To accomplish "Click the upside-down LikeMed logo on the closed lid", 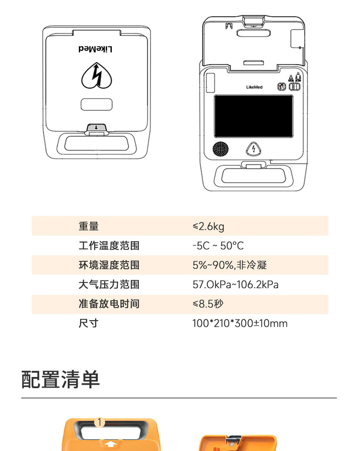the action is (96, 49).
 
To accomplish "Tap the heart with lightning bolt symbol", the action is (96, 75).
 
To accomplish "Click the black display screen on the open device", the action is (253, 116).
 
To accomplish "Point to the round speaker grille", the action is (221, 149).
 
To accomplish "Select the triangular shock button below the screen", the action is (253, 149).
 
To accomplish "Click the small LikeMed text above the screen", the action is (254, 87).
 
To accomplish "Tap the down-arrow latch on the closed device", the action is (96, 128).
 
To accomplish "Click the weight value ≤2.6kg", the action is (208, 227).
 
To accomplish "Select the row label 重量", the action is (88, 226).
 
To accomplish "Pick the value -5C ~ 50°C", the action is (218, 246).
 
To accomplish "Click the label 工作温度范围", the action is (109, 246).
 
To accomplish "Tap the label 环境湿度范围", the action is (109, 265).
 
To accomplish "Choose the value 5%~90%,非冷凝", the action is (229, 265).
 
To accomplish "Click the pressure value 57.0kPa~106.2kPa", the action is (236, 285).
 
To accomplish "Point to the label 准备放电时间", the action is (109, 304).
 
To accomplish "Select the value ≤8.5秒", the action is (208, 304).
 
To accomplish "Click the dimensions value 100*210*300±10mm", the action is (240, 323).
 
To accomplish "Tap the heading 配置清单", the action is (61, 380).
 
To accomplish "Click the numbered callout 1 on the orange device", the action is (100, 422).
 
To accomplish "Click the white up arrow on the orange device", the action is (110, 445).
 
